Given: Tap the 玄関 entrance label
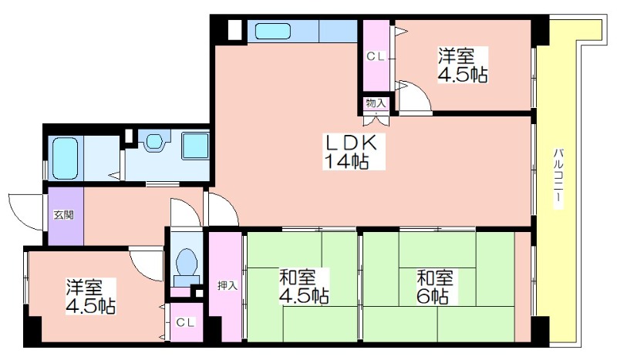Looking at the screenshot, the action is click(64, 215).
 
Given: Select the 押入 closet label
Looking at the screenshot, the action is click(228, 286).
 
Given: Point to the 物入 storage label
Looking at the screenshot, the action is click(376, 103).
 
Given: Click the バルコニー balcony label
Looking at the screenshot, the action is click(558, 178).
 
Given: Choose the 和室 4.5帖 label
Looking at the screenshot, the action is click(304, 287).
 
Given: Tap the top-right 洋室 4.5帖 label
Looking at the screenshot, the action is click(463, 65).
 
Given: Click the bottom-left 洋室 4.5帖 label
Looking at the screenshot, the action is click(90, 296).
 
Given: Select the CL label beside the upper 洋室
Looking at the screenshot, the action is click(376, 56).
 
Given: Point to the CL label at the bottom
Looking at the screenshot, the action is click(186, 323).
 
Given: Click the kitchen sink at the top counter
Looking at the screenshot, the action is click(273, 31).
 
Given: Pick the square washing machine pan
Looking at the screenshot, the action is click(195, 146).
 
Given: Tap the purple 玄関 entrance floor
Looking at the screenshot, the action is click(66, 215).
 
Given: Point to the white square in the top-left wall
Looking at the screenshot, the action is click(234, 29).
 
